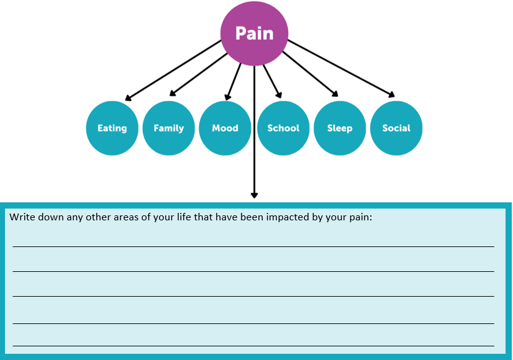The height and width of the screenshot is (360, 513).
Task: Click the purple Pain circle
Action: tap(254, 34)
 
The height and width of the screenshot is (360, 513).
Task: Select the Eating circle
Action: tap(112, 128)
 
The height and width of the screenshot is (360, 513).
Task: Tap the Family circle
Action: tap(169, 128)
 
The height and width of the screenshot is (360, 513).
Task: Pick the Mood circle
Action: tap(225, 128)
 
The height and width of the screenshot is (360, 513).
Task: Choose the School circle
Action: tap(283, 128)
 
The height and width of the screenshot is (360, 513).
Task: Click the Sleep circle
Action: tap(340, 128)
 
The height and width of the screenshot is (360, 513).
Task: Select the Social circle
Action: tap(396, 128)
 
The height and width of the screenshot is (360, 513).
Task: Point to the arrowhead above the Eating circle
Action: tap(128, 97)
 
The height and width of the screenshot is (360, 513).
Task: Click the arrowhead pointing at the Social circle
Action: tap(392, 94)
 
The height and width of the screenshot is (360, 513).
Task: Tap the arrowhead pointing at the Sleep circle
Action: tap(335, 94)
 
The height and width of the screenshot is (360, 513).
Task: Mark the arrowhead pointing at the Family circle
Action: tap(173, 93)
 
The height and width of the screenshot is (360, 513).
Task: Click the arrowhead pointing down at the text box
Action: tap(254, 195)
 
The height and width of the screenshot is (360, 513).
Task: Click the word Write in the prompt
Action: tap(22, 217)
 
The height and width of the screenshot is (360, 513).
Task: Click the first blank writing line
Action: tap(253, 246)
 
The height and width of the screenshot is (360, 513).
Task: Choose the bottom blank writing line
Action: tap(253, 346)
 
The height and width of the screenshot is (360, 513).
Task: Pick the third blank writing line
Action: tap(253, 296)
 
